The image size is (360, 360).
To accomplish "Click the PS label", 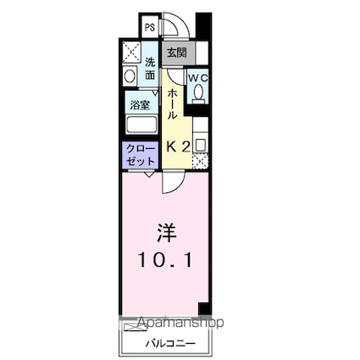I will (x=149, y=27).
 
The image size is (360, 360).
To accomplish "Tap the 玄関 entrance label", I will (x=175, y=53).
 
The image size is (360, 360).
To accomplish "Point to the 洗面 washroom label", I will (x=150, y=69).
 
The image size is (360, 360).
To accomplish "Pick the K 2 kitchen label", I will (x=177, y=145).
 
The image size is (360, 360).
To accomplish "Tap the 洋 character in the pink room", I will (x=166, y=231).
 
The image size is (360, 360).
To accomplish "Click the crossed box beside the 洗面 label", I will (x=130, y=52).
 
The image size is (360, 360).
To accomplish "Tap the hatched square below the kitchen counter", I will (x=200, y=158).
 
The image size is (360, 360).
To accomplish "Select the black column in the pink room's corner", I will (x=202, y=308).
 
